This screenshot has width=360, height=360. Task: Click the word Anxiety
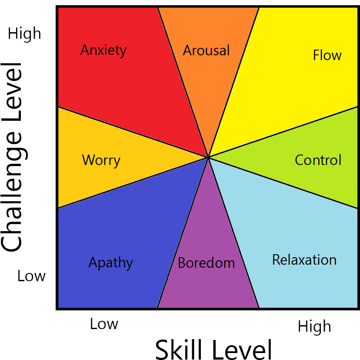coord(103,50)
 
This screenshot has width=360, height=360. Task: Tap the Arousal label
coord(206,50)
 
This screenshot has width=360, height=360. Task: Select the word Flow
coord(327,55)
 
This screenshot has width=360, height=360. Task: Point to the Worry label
coord(101,160)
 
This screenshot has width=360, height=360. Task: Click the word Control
coord(318,160)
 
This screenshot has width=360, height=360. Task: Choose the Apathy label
coord(110,262)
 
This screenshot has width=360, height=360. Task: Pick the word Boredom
coord(206,263)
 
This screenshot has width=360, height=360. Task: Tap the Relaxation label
coord(304,260)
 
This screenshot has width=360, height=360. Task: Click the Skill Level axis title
coord(213,349)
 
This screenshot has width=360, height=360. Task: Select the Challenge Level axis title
coord(12,157)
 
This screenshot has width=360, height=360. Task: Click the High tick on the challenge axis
coord(25,34)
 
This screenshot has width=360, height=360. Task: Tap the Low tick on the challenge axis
coord(32,276)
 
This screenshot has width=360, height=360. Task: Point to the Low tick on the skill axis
coord(104,324)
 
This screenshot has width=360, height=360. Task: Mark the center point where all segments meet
coord(209,157)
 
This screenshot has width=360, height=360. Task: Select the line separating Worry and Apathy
coord(130,183)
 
